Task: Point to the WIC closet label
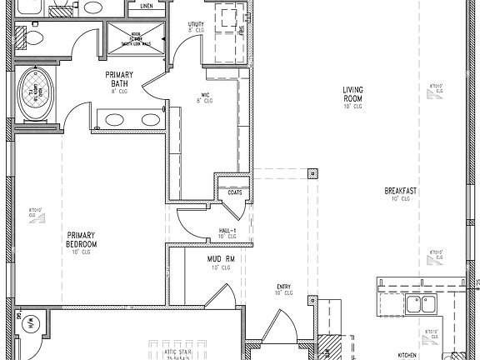click(204, 97)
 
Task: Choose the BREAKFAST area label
click(401, 193)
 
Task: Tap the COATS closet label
click(235, 192)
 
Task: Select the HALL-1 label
click(227, 232)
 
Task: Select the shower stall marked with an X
click(133, 38)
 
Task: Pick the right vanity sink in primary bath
click(151, 119)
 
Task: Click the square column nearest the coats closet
click(312, 174)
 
